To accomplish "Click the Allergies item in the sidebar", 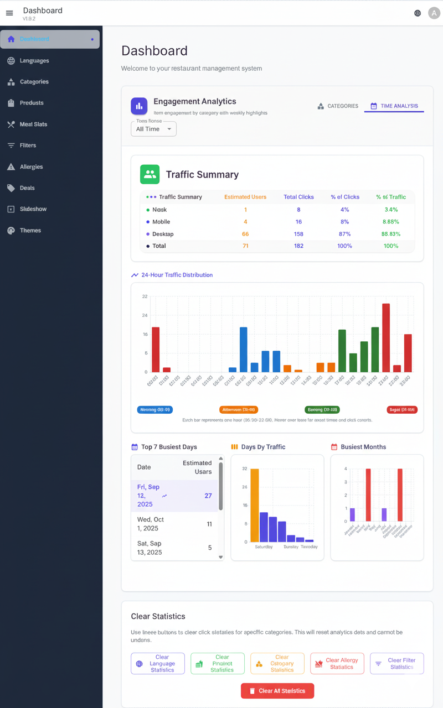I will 31,166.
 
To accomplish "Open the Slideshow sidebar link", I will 33,209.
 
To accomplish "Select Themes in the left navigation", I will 30,230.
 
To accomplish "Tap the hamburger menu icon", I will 9,13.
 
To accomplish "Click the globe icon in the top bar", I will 418,13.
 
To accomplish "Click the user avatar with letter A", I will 434,13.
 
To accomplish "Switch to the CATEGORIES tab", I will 338,106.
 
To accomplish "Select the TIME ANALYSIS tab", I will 394,106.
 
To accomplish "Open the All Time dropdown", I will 153,129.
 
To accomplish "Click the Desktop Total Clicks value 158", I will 298,234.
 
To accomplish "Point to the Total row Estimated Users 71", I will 245,246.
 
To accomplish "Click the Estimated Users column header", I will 245,197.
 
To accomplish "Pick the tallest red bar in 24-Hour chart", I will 386,337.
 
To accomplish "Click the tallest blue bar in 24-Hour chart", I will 243,350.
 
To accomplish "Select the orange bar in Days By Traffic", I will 255,505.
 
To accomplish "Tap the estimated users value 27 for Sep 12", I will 208,496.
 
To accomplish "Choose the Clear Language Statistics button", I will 158,664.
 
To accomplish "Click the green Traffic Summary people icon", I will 150,174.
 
